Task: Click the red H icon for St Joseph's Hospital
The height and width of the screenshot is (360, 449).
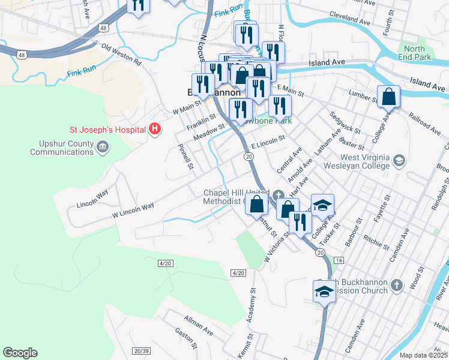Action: pyautogui.click(x=155, y=129)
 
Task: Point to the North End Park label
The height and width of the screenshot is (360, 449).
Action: pyautogui.click(x=414, y=53)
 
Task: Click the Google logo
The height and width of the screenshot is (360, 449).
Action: pyautogui.click(x=20, y=353)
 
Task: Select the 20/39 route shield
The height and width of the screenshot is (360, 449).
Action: pyautogui.click(x=141, y=350)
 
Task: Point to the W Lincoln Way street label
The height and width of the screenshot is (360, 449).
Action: pyautogui.click(x=133, y=210)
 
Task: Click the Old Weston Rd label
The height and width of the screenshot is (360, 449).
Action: pyautogui.click(x=121, y=55)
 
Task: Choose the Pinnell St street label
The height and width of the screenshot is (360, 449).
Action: pyautogui.click(x=186, y=155)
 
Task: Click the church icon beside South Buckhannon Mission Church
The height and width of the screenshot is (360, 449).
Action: pyautogui.click(x=397, y=284)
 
